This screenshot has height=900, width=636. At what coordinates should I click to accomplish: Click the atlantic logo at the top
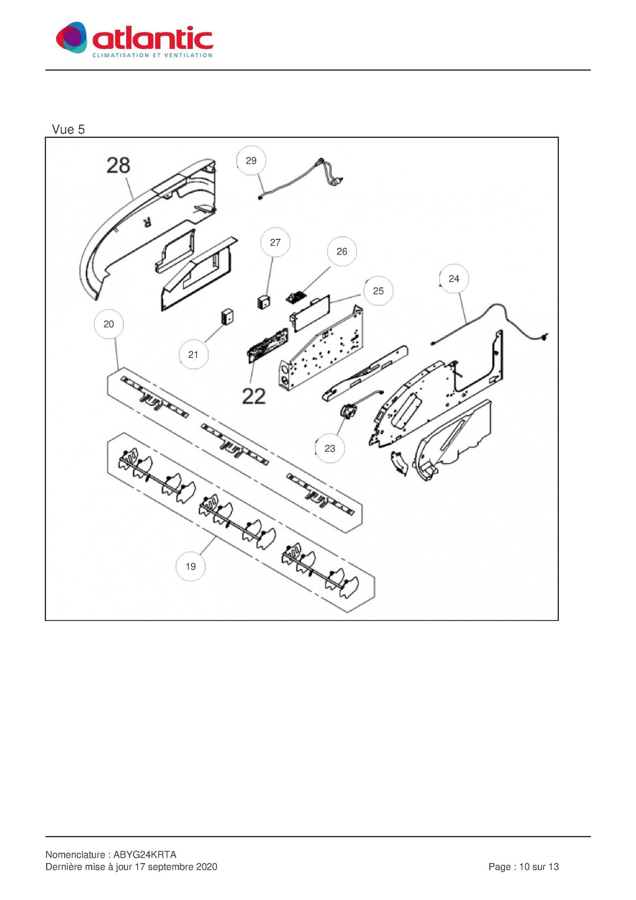click(134, 39)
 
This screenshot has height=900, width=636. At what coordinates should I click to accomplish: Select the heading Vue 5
click(68, 130)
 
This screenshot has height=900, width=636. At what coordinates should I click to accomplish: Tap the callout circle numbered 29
click(251, 161)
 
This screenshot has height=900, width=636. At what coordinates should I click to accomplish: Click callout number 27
click(275, 242)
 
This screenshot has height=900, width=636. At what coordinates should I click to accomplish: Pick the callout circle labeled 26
click(342, 251)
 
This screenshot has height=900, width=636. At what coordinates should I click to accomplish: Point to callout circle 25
click(378, 291)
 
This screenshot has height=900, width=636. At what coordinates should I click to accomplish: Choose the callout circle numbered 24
click(454, 279)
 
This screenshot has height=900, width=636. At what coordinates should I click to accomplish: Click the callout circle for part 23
click(330, 448)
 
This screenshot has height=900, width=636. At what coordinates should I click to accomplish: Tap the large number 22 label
click(254, 397)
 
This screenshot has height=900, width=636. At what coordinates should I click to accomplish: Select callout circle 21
click(193, 355)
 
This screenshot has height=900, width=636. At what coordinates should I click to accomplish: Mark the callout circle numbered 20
click(109, 324)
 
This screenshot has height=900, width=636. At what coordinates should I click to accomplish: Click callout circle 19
click(190, 566)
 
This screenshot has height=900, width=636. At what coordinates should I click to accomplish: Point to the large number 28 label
click(118, 165)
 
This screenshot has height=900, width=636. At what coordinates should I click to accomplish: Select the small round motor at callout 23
click(348, 411)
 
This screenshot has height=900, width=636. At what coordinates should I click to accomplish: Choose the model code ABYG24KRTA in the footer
click(145, 854)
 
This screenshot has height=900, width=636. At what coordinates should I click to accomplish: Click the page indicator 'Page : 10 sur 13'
click(523, 867)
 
